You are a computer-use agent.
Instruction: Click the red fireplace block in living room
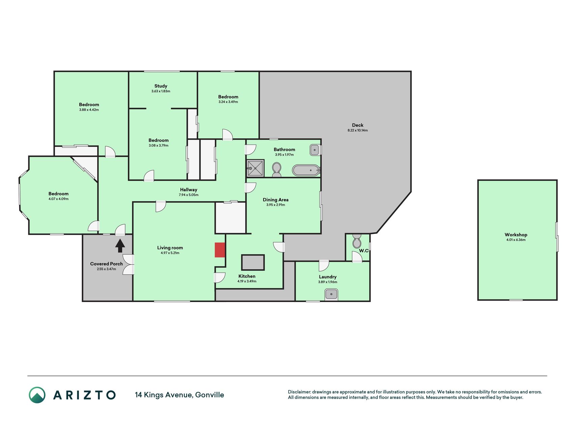tap(220, 250)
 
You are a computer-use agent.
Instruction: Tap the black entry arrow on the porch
tap(120, 246)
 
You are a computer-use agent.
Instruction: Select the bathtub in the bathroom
tap(306, 170)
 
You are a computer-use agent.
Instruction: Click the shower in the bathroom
tap(255, 168)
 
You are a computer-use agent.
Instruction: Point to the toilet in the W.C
tap(356, 241)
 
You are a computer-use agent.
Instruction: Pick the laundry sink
tap(331, 294)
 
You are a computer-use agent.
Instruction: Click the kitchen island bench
tap(253, 262)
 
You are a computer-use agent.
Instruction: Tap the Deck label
tap(358, 125)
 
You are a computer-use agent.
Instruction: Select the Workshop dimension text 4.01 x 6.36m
tap(516, 240)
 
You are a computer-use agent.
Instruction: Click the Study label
tap(161, 86)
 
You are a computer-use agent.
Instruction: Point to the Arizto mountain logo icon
tap(37, 395)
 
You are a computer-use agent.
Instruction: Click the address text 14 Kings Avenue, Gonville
tap(180, 395)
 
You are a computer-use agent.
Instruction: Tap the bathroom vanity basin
tap(314, 150)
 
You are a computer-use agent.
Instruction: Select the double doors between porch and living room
tap(129, 265)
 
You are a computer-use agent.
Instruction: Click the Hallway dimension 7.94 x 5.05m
tap(189, 195)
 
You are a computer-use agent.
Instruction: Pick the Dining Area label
tap(276, 200)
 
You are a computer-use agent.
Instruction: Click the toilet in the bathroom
tap(277, 170)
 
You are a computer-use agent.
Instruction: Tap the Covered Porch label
tap(106, 264)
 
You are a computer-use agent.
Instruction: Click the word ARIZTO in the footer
tap(84, 395)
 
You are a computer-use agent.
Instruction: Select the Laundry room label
tap(328, 277)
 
